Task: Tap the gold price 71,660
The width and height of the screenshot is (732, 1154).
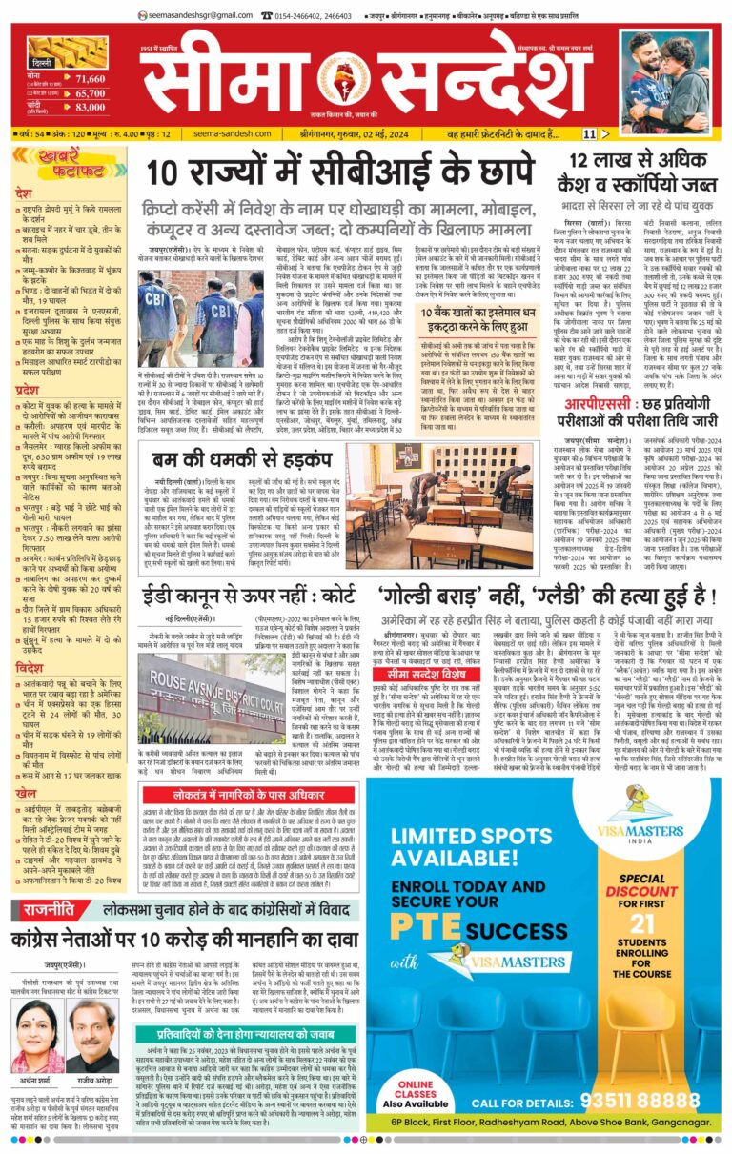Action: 90,78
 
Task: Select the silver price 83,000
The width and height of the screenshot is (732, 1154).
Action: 90,108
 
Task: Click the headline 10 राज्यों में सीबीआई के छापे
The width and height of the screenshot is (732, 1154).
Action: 339,172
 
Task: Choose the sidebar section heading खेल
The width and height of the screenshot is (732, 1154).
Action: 26,792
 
